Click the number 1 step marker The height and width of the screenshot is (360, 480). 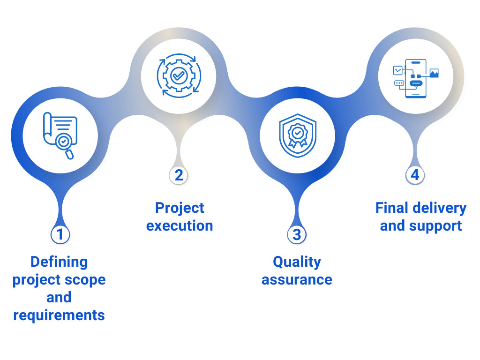[x=60, y=234]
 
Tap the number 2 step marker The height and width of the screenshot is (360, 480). [x=179, y=175]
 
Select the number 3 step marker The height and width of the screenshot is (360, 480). [x=297, y=234]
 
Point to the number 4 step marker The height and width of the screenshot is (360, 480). [x=415, y=175]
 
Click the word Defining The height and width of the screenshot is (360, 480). [x=59, y=262]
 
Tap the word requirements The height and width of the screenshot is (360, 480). [x=59, y=315]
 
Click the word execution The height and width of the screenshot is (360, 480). [x=180, y=225]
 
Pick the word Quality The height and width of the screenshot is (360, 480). [x=297, y=262]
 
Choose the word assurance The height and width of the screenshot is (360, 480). [x=297, y=280]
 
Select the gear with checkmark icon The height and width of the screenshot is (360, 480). [x=179, y=75]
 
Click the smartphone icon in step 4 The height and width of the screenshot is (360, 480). [x=416, y=78]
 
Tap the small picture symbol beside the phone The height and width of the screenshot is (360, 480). [x=434, y=73]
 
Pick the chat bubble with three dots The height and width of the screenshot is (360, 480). [x=399, y=83]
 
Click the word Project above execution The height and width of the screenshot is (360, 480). [x=180, y=208]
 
